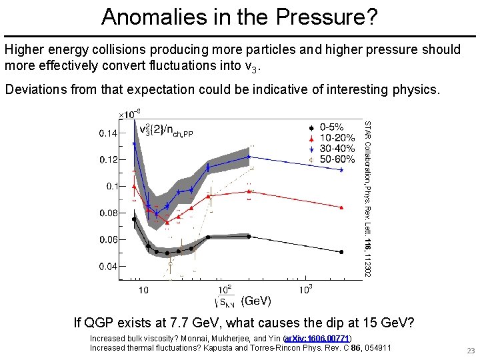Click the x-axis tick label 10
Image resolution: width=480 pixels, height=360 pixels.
click(143, 290)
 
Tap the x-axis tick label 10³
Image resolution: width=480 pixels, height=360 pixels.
click(305, 289)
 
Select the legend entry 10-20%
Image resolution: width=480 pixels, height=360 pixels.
click(337, 137)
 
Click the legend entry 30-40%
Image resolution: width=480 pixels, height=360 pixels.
click(337, 149)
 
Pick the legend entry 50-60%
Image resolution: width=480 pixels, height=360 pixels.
click(337, 159)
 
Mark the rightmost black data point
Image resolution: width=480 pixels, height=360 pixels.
click(341, 252)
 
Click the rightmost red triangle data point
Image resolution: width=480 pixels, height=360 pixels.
click(341, 208)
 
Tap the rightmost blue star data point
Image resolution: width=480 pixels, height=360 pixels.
click(341, 170)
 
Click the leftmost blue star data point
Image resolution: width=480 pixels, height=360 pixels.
click(134, 143)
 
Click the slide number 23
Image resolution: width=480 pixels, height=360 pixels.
click(470, 351)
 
